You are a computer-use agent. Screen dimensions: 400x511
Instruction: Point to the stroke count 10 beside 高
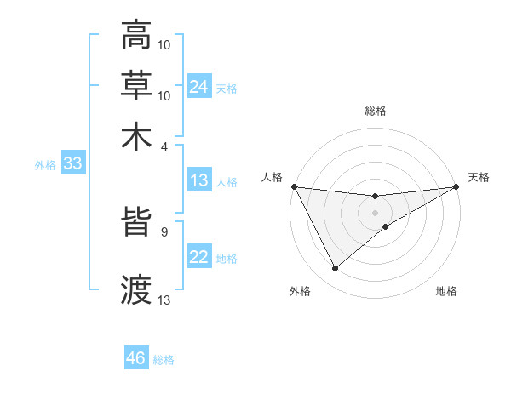point(165,44)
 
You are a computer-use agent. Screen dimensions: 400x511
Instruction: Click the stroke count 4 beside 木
point(165,146)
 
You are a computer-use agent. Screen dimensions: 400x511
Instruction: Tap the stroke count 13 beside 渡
point(165,300)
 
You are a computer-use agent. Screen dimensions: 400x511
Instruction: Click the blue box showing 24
point(199,87)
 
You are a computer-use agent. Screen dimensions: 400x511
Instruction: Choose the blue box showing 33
point(72,164)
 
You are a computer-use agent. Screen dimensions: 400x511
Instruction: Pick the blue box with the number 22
point(199,257)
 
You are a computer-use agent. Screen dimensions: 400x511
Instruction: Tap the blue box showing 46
point(136,358)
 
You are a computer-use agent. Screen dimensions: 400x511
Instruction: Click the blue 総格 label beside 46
point(164,360)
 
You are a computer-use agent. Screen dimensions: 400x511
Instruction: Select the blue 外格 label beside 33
point(45,165)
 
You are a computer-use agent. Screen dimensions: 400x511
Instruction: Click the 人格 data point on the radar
point(294,186)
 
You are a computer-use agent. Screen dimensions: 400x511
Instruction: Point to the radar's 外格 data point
point(335,269)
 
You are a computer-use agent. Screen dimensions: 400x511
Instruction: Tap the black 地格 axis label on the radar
point(446,292)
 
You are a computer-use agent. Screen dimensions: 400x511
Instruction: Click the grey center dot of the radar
point(375,211)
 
